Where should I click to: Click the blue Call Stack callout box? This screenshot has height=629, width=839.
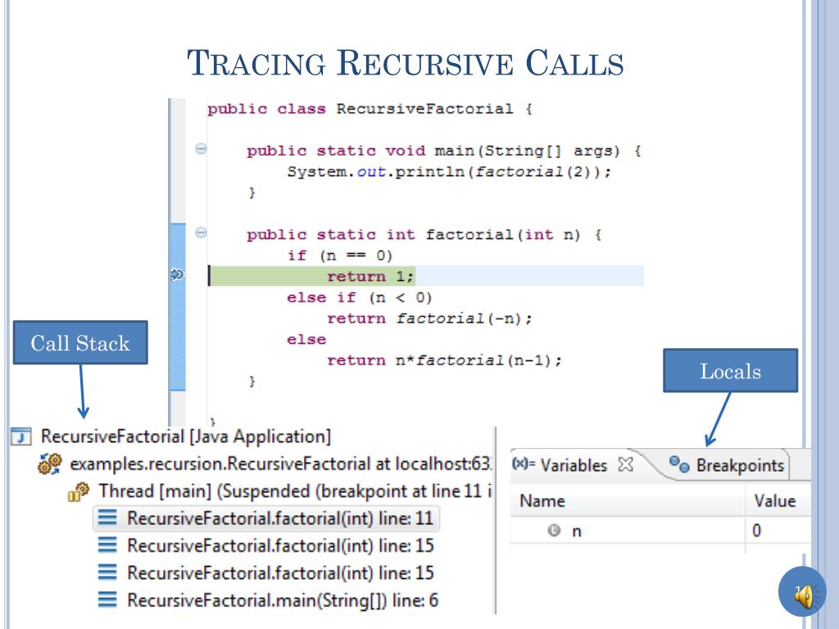point(80,342)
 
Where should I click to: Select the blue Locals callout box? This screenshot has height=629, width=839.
point(731,371)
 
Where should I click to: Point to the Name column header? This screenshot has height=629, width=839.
point(542,501)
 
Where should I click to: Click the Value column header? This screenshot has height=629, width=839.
point(775,501)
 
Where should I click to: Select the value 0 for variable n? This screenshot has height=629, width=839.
point(758,531)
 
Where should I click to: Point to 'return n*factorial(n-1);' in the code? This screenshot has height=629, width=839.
point(444,360)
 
